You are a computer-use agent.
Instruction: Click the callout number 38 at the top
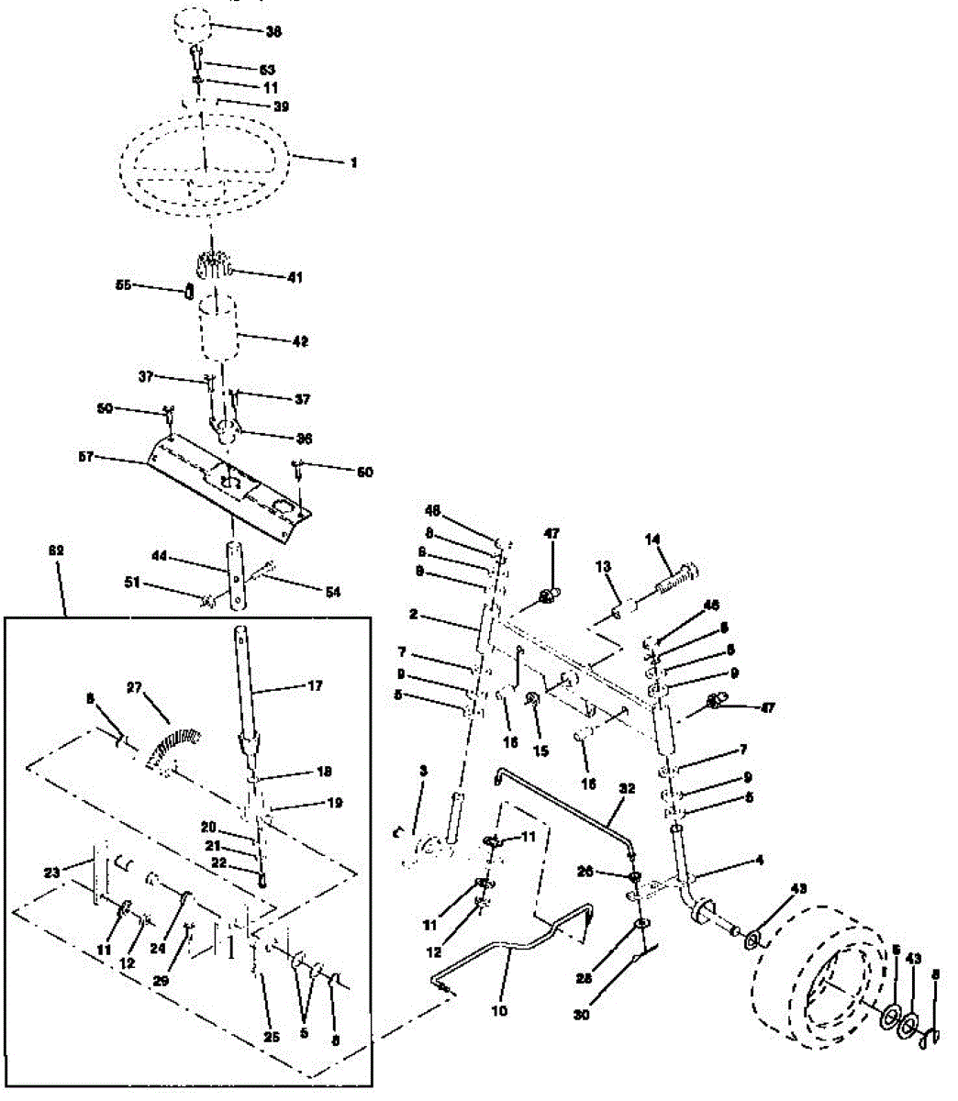pos(273,32)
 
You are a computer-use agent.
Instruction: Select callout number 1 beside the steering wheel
pos(352,162)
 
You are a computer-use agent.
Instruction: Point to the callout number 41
pos(295,276)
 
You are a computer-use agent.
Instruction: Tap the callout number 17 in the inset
pos(316,684)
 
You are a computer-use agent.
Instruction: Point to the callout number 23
pos(51,873)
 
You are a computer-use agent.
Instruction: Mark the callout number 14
pos(652,541)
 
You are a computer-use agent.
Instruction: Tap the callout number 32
pos(627,788)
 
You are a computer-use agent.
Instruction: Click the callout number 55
pos(123,285)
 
